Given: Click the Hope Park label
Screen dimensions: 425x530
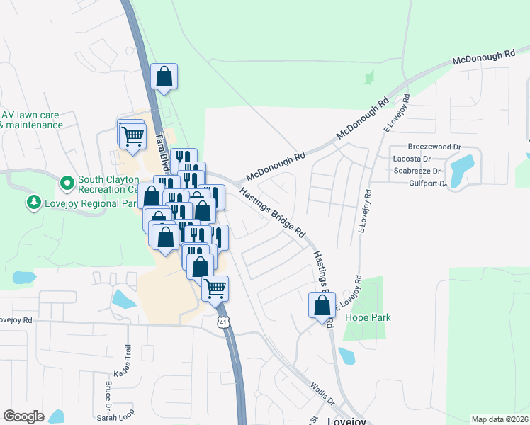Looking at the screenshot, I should (368, 318).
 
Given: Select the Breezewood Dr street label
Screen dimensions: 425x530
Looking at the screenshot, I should (439, 147).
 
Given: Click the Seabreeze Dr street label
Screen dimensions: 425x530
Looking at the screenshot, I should (417, 171).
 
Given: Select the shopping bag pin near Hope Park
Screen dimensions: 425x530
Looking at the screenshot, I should (322, 305).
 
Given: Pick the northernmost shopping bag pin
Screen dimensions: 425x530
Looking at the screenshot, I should (164, 77).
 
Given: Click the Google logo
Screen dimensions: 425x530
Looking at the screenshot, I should (23, 416).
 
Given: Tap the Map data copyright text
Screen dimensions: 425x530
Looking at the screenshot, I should (500, 419).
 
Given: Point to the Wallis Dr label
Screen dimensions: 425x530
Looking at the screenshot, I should (322, 393).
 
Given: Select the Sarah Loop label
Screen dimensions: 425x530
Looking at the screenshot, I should (116, 418).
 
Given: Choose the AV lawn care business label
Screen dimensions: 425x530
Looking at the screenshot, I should (31, 120).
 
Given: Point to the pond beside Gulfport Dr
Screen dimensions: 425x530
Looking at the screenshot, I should (461, 170).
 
